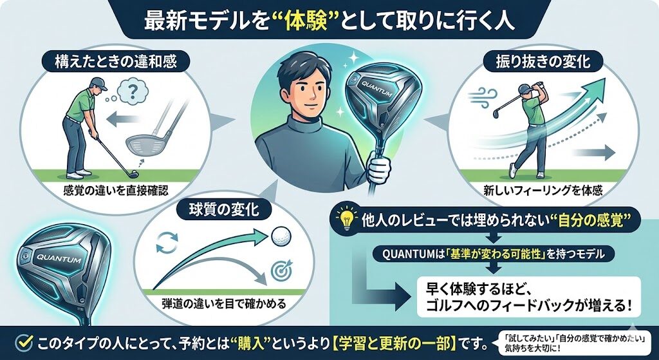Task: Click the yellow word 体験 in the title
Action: pos(306,20)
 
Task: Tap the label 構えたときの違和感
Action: pos(116,62)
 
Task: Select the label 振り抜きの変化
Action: pos(543,62)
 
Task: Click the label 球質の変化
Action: pos(224,209)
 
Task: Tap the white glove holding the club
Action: pos(379,169)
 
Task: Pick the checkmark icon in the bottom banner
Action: pos(24,343)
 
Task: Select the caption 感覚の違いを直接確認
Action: pos(116,191)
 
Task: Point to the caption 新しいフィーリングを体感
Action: pos(543,191)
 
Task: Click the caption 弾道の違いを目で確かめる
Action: pos(224,303)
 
